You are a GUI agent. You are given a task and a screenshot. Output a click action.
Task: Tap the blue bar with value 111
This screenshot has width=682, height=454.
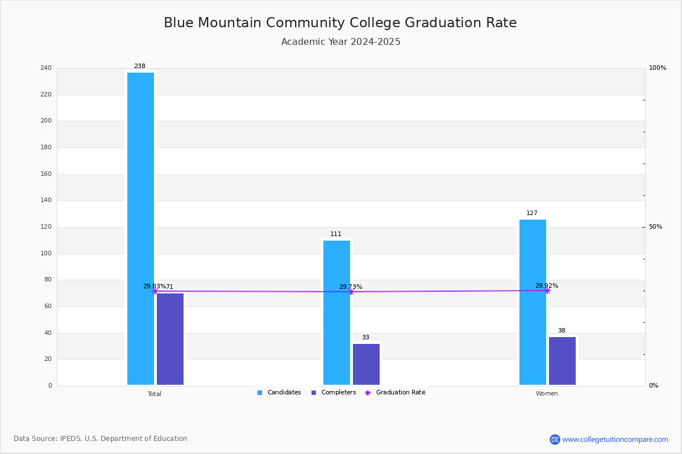(x=336, y=312)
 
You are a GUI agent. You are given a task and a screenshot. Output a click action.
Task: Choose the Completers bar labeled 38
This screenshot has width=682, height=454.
(x=562, y=361)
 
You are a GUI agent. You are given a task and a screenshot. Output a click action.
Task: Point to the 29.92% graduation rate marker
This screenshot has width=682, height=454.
(x=547, y=291)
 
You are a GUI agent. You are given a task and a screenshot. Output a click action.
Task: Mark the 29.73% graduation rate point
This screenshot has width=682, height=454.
(x=351, y=292)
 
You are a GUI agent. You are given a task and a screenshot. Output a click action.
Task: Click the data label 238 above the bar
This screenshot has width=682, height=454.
(x=140, y=66)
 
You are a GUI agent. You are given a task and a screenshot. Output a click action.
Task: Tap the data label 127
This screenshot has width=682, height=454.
(x=532, y=213)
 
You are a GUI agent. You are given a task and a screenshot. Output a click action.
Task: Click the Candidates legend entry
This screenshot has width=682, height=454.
(x=279, y=393)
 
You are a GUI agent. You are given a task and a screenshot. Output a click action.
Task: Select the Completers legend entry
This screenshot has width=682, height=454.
(x=334, y=393)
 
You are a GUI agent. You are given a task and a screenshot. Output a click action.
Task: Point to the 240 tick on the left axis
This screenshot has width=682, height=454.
(x=46, y=68)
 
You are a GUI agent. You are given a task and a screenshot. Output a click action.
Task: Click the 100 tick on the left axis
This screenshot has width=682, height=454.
(x=46, y=254)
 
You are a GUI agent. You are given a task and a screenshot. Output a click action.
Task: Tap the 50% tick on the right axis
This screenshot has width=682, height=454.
(x=655, y=227)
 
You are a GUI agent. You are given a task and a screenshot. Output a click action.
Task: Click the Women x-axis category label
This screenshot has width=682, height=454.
(x=547, y=394)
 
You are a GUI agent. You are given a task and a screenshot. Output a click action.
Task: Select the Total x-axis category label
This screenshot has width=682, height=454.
(x=155, y=394)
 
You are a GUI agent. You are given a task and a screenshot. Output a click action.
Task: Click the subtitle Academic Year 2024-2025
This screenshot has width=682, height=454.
(x=341, y=42)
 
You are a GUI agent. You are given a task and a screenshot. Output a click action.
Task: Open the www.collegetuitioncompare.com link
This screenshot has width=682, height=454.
(x=615, y=439)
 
